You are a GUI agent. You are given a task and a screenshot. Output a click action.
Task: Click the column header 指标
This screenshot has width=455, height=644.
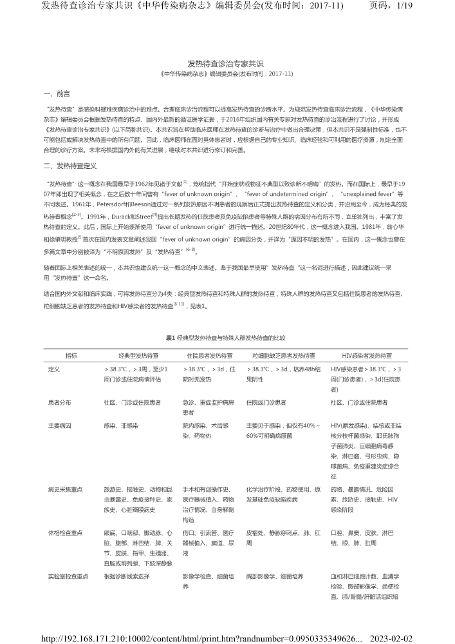71,355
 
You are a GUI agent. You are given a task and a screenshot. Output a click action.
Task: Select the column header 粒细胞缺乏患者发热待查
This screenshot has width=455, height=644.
283,355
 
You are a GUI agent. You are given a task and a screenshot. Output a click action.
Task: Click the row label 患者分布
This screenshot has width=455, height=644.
60,402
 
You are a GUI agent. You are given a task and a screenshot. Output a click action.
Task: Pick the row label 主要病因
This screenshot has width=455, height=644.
60,426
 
